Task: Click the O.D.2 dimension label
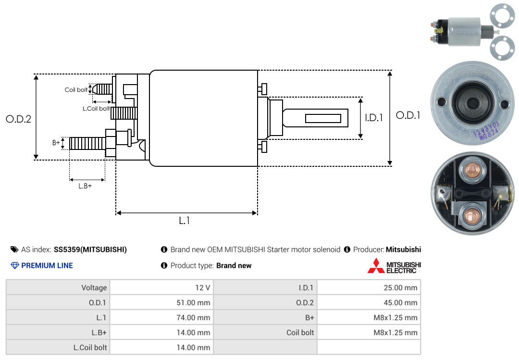(19, 119)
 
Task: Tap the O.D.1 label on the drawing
(408, 115)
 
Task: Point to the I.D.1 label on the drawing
(374, 118)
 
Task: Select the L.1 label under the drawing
(185, 221)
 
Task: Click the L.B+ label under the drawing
(85, 186)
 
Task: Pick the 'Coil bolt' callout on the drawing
(76, 90)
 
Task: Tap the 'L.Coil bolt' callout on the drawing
(96, 108)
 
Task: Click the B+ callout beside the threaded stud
(56, 142)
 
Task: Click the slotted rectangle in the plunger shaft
(323, 118)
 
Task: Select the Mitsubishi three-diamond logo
(376, 266)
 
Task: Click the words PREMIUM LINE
(47, 266)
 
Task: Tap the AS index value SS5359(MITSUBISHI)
(90, 250)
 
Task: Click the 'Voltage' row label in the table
(94, 287)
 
